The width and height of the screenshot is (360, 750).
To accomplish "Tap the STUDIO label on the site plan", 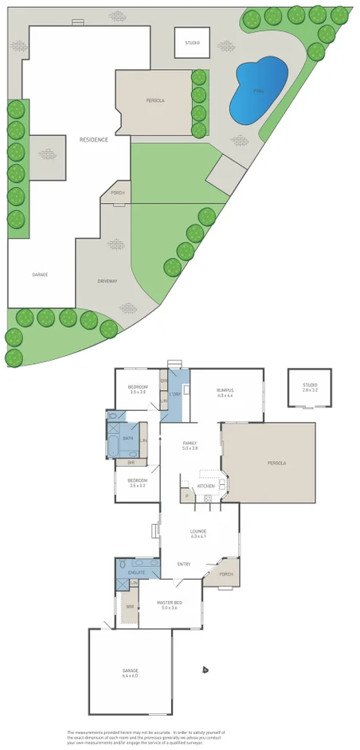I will (x=193, y=42).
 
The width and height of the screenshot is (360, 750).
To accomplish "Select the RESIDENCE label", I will (x=93, y=140).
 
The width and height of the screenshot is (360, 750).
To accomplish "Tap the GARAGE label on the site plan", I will (x=40, y=275).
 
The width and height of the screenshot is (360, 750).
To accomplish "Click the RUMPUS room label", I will (x=225, y=390).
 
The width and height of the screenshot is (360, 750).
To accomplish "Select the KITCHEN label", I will (x=205, y=486).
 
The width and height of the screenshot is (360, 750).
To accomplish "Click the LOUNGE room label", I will (x=198, y=531).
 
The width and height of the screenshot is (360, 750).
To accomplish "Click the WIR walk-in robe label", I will (x=129, y=607).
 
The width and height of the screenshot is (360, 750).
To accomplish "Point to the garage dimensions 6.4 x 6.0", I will (x=130, y=676).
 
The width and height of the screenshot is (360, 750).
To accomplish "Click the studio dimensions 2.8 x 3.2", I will (x=310, y=390).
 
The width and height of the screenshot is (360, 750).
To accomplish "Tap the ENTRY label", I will (x=184, y=564).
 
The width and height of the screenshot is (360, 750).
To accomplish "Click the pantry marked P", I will (x=187, y=496).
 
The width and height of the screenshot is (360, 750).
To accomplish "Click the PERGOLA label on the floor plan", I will (x=277, y=463).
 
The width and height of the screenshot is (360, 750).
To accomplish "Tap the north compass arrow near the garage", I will (x=205, y=670).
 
